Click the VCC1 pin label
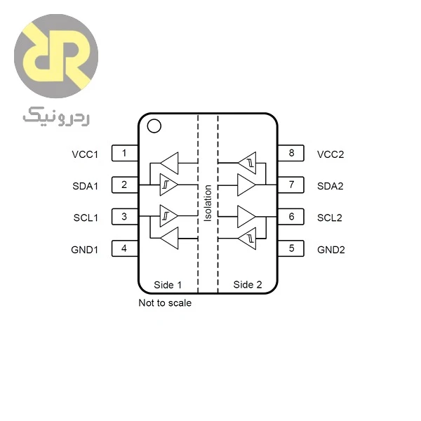(x=85, y=154)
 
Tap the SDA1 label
(x=86, y=186)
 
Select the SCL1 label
(x=86, y=218)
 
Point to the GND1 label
(x=85, y=250)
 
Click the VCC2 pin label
(x=330, y=154)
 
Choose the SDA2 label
(x=330, y=186)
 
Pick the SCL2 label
(x=330, y=218)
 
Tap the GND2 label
(x=330, y=250)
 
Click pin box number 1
(x=125, y=153)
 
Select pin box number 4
(x=125, y=248)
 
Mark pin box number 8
(x=290, y=153)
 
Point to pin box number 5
(x=290, y=248)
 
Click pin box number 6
(x=290, y=217)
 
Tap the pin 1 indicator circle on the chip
(x=154, y=120)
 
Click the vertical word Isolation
(x=208, y=203)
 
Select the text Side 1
(x=168, y=285)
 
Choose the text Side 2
(x=248, y=285)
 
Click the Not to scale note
(x=165, y=303)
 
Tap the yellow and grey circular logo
(x=56, y=56)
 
